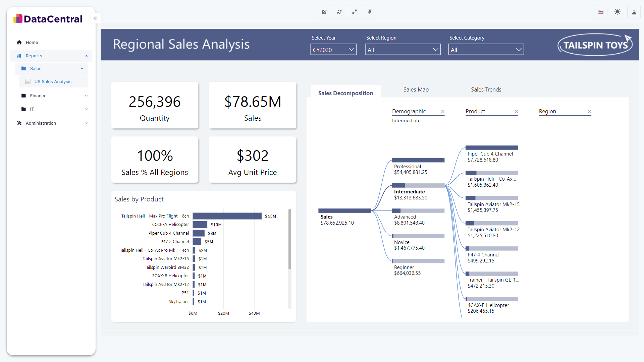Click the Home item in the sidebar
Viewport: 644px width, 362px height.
pos(32,42)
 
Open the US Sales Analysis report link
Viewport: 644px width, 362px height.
pos(53,81)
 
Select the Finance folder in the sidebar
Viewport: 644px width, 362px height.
pos(38,96)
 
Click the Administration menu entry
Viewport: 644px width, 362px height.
pos(41,123)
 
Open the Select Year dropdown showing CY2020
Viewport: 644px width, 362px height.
pos(333,50)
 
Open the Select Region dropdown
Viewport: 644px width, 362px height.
pos(402,50)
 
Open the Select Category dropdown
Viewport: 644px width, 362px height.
pos(486,50)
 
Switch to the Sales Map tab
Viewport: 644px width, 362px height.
pos(416,89)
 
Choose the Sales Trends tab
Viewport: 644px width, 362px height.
pos(486,89)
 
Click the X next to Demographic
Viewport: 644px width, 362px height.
pos(443,111)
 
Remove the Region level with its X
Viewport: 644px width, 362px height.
pos(589,111)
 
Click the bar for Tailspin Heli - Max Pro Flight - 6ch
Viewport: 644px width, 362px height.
pos(227,216)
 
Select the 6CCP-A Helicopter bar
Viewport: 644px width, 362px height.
pos(200,225)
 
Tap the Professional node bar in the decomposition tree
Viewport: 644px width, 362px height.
pos(418,160)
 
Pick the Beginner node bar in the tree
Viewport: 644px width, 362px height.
pos(418,261)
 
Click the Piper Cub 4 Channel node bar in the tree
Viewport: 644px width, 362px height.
pos(491,148)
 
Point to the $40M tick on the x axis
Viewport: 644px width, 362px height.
pos(254,313)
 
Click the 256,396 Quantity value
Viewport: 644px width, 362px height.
pos(155,102)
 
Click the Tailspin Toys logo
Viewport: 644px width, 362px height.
pos(595,45)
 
